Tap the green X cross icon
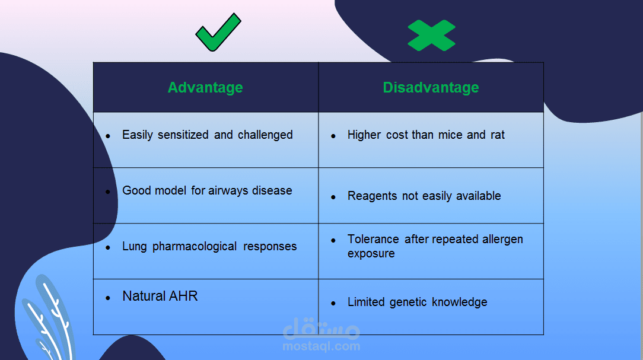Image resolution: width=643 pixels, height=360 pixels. tap(431, 35)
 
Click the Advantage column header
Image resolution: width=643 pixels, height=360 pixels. tap(205, 87)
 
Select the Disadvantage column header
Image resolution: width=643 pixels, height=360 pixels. tap(431, 87)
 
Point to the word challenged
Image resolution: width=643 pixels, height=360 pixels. tap(265, 135)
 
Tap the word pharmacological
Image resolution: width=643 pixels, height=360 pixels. tap(195, 246)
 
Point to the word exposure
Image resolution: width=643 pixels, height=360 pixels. tap(371, 254)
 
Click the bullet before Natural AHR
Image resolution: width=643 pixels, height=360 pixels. tap(108, 298)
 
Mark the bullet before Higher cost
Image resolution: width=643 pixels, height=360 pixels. tap(333, 136)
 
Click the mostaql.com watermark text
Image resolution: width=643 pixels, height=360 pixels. tap(321, 346)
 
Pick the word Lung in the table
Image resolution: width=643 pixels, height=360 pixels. tap(135, 246)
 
